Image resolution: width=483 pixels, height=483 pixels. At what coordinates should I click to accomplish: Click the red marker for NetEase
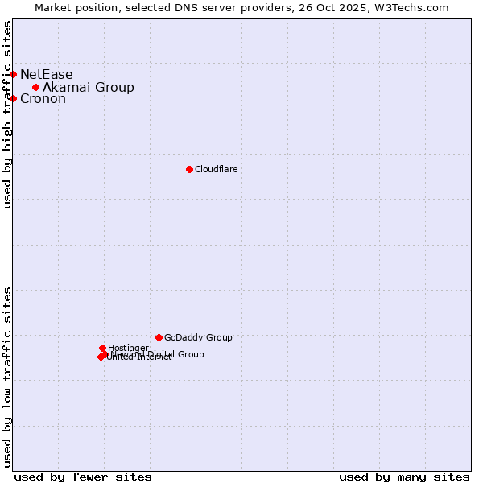coord(13,74)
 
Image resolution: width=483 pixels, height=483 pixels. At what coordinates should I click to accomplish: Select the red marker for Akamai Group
coord(35,87)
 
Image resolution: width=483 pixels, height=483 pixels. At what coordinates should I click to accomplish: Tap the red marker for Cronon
coord(13,98)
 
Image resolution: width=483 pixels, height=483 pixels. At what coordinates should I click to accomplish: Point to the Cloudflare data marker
coord(189,169)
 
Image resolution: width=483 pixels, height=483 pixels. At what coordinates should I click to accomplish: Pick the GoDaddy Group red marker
coord(159,337)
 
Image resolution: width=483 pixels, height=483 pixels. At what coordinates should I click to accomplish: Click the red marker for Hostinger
coord(102,348)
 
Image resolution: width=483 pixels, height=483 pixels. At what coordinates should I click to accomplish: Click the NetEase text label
coord(46,75)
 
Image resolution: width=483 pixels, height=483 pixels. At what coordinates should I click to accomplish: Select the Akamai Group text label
coord(89,88)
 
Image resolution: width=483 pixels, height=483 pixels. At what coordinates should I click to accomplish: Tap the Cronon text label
coord(43,99)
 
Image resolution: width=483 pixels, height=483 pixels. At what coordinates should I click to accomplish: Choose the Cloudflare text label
coord(216,169)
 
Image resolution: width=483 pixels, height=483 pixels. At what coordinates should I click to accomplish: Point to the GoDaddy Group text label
coord(198,338)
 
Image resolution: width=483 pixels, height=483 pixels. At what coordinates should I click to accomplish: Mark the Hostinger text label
coord(128,348)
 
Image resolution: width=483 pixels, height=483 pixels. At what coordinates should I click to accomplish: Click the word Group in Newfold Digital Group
coord(191,354)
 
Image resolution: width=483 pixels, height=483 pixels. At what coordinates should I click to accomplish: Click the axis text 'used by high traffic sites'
coord(8,114)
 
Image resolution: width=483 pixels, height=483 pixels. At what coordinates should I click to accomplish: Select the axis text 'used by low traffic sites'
coord(8,376)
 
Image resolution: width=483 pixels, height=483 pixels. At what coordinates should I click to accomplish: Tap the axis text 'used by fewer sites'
coord(83,477)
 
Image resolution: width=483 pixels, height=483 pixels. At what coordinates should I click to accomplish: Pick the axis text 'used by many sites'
coord(404,477)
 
